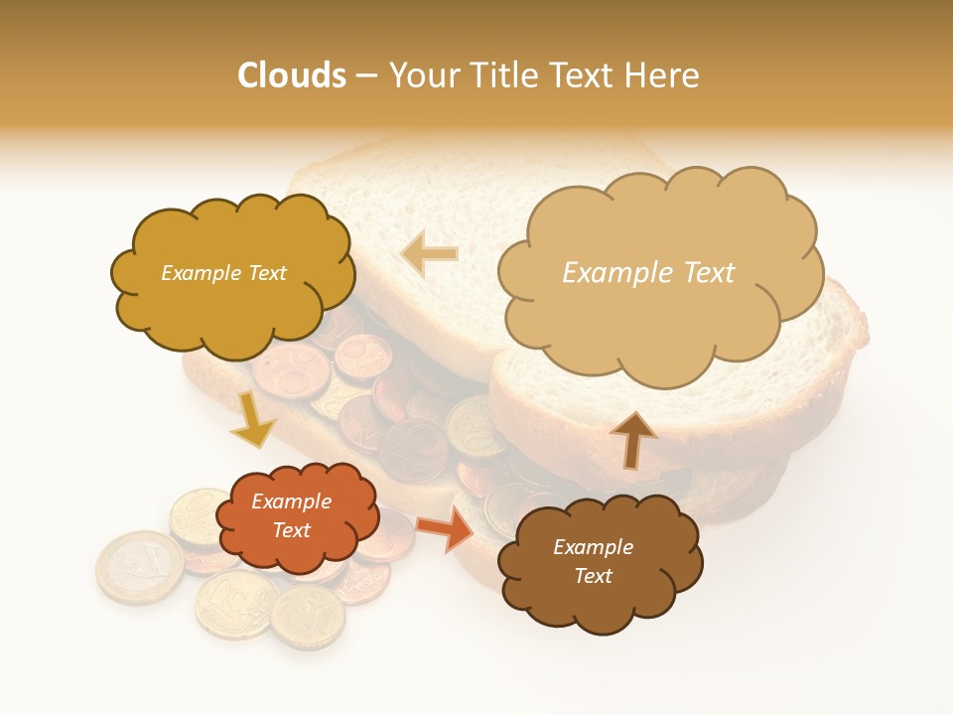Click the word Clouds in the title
pyautogui.click(x=291, y=75)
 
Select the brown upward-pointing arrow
pyautogui.click(x=632, y=438)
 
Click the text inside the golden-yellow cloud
pyautogui.click(x=223, y=273)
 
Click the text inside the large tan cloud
pyautogui.click(x=648, y=273)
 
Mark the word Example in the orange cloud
pyautogui.click(x=291, y=501)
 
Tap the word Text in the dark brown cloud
pyautogui.click(x=593, y=576)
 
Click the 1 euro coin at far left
pyautogui.click(x=139, y=567)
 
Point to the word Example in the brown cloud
pyautogui.click(x=593, y=547)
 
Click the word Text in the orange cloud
pyautogui.click(x=291, y=530)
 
